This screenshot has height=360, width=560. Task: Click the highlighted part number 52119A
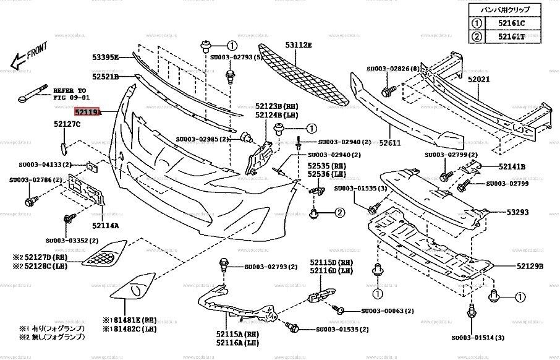click(x=87, y=113)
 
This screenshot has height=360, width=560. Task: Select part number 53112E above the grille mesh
click(x=298, y=45)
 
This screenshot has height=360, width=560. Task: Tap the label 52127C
click(x=67, y=125)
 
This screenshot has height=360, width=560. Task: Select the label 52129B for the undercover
click(x=530, y=267)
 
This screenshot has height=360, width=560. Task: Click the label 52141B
click(x=512, y=166)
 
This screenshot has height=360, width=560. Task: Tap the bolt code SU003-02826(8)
click(x=393, y=69)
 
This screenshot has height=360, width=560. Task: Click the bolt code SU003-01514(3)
click(x=478, y=338)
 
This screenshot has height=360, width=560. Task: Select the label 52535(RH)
click(x=327, y=167)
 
